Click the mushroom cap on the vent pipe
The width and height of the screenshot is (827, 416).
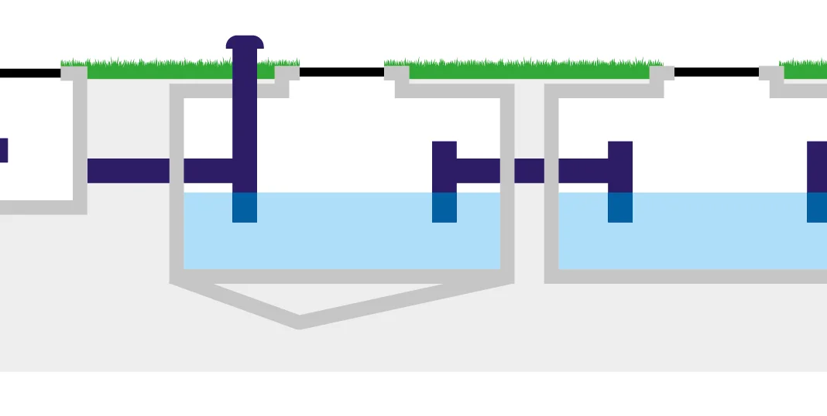(x=245, y=42)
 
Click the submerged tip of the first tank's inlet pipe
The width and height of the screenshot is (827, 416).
(x=245, y=207)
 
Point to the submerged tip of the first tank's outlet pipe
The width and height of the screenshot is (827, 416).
(x=444, y=207)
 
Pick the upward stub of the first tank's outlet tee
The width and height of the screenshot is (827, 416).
(x=444, y=150)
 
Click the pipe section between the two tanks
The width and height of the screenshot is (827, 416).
(x=530, y=170)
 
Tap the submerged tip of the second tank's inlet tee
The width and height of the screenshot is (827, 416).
(x=620, y=207)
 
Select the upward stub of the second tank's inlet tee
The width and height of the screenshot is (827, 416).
(x=620, y=150)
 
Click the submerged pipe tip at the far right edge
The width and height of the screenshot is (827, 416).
(x=816, y=207)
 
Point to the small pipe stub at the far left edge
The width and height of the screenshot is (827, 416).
(x=3, y=150)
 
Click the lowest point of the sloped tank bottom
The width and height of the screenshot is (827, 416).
(x=300, y=322)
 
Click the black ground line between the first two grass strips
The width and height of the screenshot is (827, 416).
(x=341, y=73)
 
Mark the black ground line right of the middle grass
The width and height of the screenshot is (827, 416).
(x=716, y=73)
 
